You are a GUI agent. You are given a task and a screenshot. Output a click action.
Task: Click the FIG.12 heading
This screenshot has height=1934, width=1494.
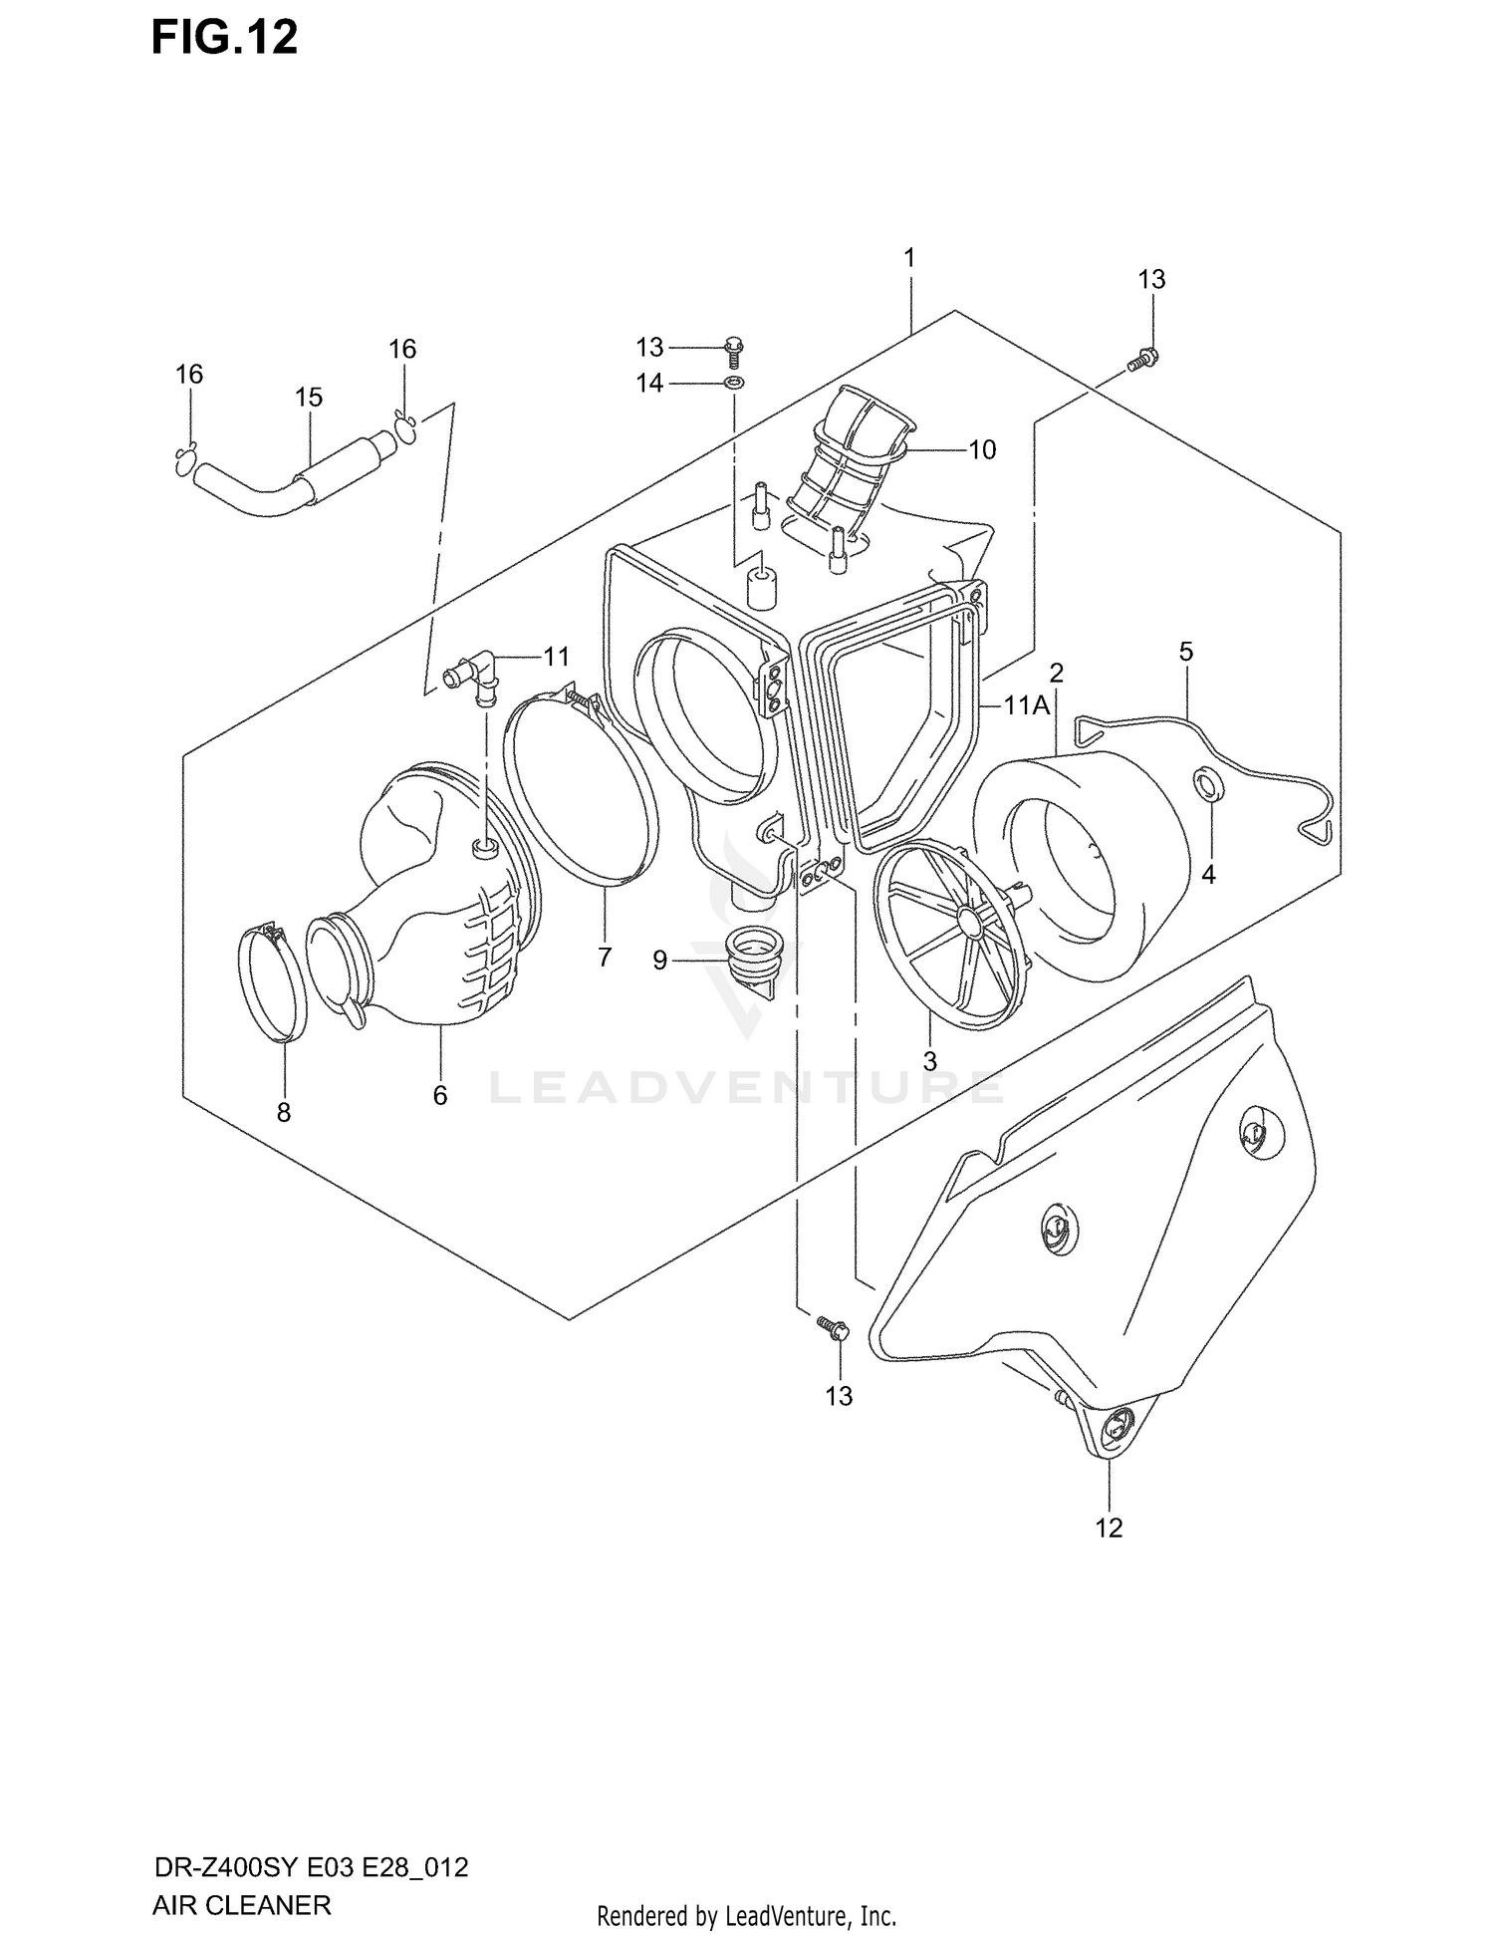pyautogui.click(x=225, y=38)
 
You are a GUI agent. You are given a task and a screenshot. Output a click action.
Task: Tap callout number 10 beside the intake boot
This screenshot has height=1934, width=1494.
pyautogui.click(x=982, y=450)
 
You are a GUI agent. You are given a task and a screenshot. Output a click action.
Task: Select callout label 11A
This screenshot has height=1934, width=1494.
pyautogui.click(x=1026, y=706)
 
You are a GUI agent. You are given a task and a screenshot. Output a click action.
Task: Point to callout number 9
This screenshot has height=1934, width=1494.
pyautogui.click(x=659, y=962)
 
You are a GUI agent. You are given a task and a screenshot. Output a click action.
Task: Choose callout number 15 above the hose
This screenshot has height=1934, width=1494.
pyautogui.click(x=309, y=398)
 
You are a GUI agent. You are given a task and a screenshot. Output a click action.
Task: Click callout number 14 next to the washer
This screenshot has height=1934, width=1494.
pyautogui.click(x=649, y=383)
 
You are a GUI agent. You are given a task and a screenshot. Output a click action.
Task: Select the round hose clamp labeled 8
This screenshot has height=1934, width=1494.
pyautogui.click(x=271, y=984)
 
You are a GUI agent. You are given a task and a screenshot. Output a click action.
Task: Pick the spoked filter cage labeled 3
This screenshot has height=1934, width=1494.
pyautogui.click(x=951, y=937)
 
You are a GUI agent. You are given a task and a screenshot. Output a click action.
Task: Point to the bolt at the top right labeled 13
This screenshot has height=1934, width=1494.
pyautogui.click(x=1143, y=360)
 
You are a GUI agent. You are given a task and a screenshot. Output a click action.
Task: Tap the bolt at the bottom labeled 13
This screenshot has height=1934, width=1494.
pyautogui.click(x=832, y=1327)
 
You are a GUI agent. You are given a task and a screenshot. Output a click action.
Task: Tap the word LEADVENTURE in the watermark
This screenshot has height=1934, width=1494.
pyautogui.click(x=746, y=1087)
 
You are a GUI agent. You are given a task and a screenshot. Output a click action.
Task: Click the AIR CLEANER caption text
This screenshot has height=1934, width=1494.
pyautogui.click(x=241, y=1905)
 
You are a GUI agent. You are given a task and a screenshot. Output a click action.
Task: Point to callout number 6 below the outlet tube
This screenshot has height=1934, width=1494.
pyautogui.click(x=440, y=1096)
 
